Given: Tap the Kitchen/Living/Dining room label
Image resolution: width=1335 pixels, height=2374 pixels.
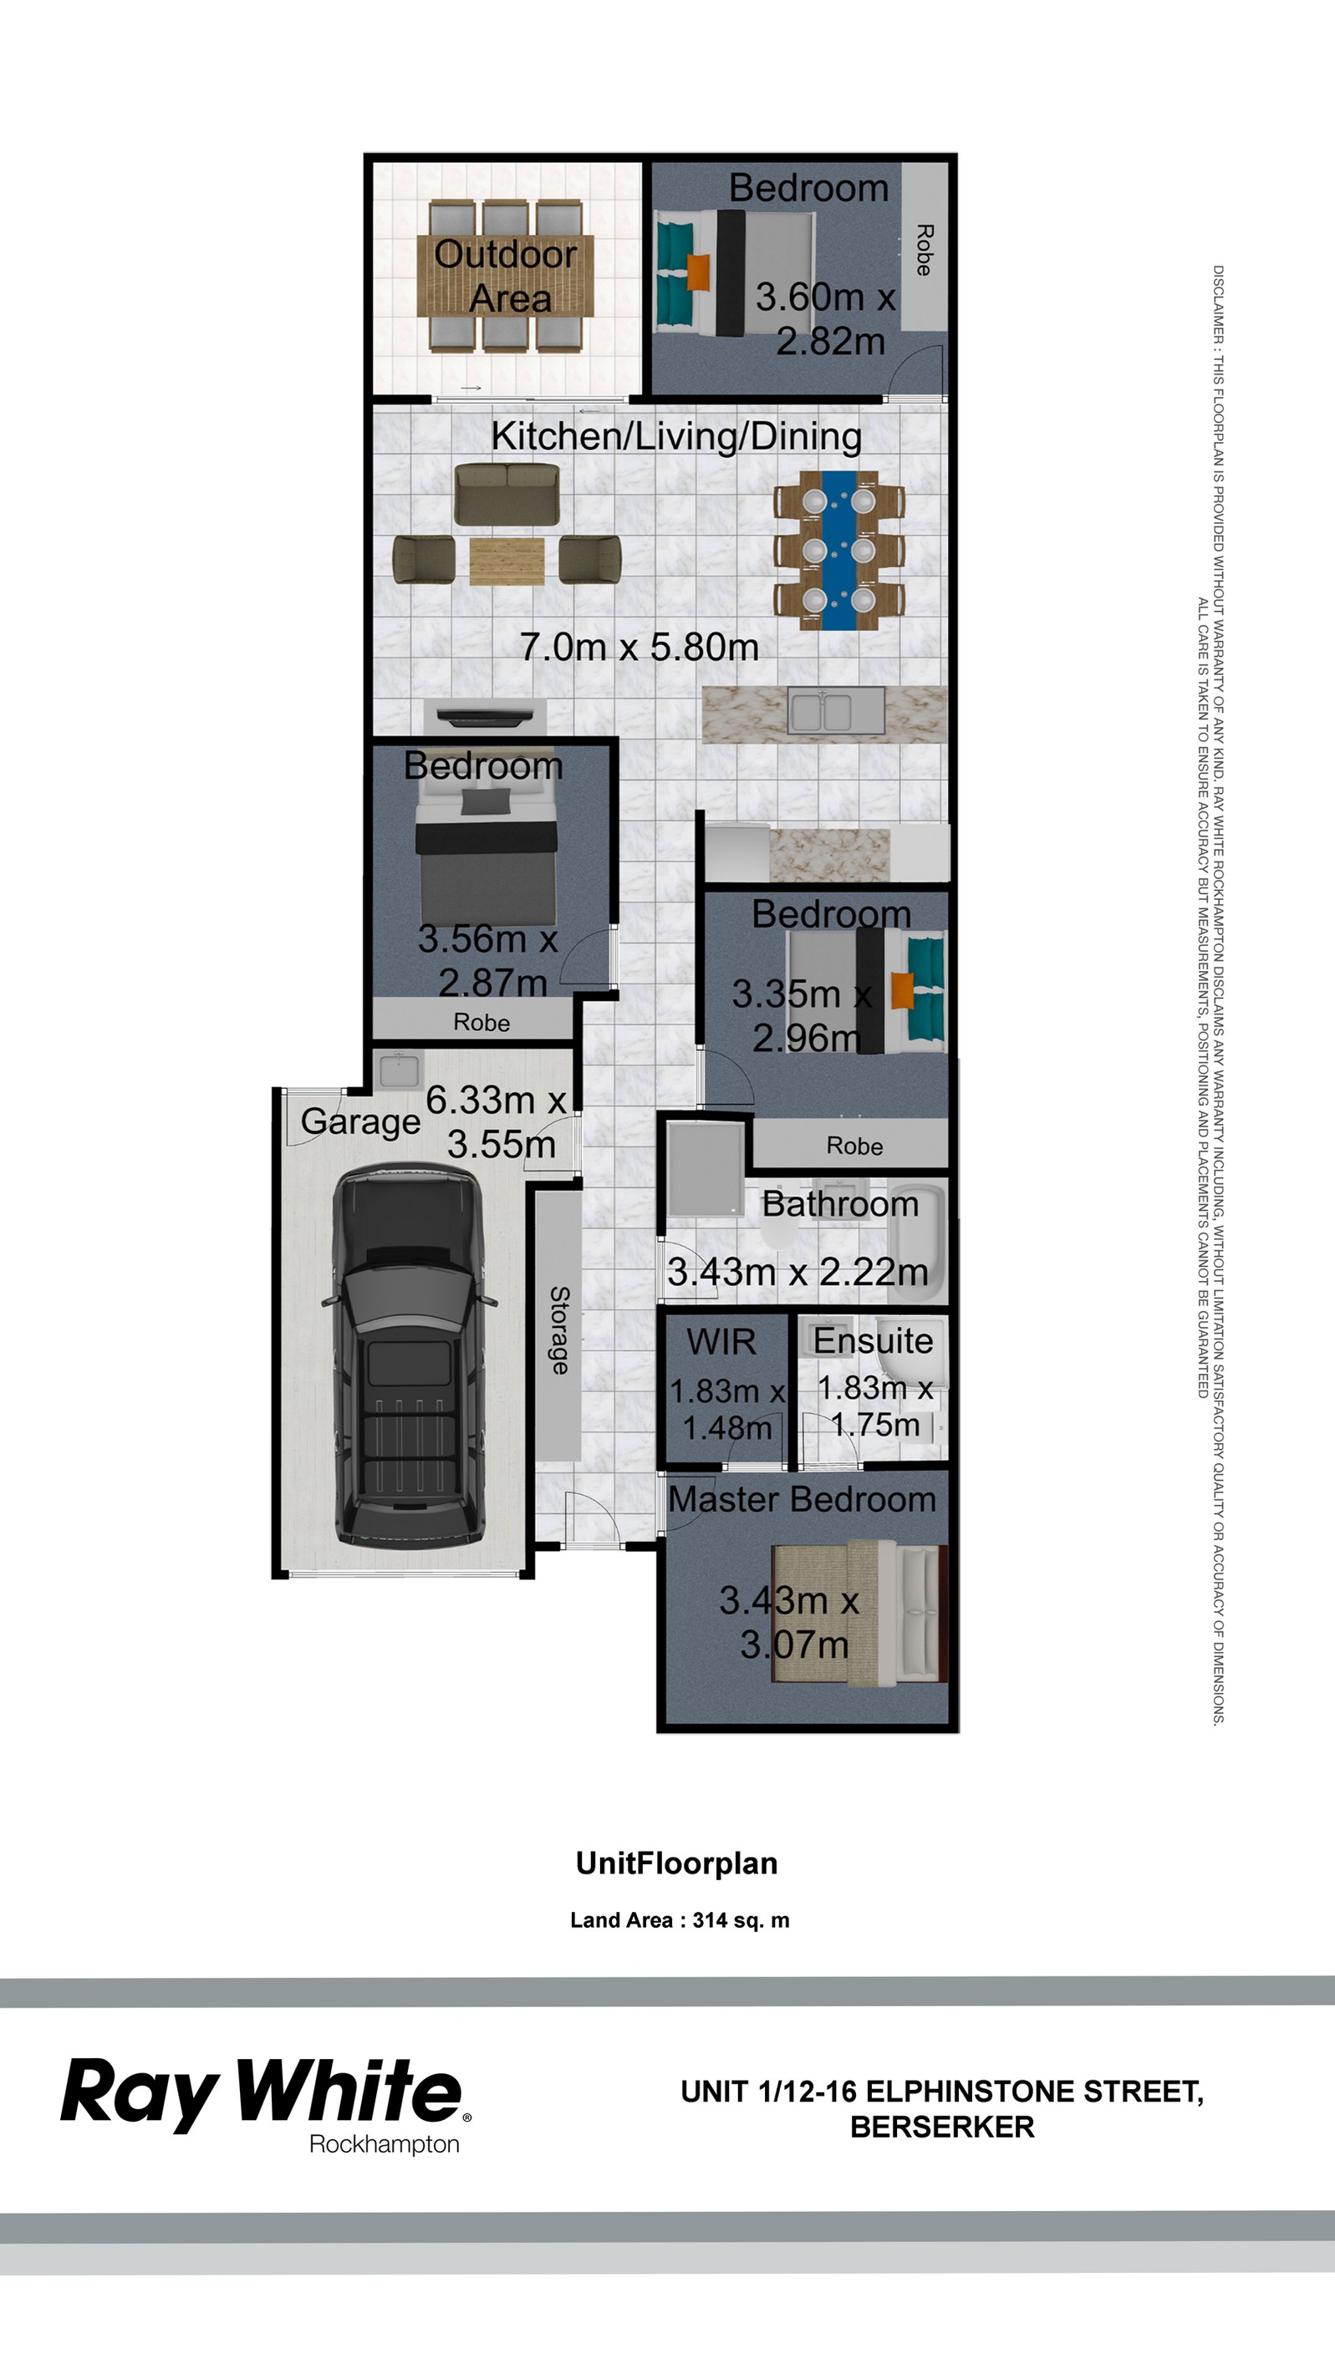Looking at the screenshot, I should tap(675, 436).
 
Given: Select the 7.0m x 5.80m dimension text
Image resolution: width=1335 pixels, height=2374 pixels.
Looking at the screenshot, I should tap(639, 647).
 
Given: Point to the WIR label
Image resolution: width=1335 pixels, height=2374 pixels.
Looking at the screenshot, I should tap(721, 1342).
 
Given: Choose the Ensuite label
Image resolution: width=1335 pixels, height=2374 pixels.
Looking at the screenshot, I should tap(872, 1340).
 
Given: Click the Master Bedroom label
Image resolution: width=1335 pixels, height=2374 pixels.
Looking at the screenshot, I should tap(801, 1499).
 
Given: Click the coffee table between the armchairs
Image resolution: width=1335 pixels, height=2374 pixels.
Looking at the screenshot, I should tap(506, 562).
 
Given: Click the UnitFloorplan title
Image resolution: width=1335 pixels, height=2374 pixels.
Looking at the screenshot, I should tap(675, 1863).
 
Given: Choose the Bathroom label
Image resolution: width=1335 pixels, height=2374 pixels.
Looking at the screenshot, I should tap(840, 1203).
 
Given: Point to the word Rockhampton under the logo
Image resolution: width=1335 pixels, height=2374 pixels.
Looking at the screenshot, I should tap(385, 2144).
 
